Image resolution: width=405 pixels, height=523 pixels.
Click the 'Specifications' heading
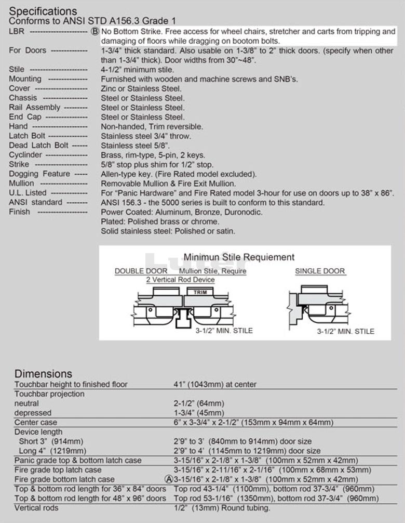(x=43, y=11)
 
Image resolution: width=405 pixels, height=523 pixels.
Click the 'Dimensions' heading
(x=43, y=373)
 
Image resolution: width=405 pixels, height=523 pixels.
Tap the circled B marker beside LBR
(x=95, y=31)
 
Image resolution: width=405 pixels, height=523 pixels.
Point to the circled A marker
(x=168, y=479)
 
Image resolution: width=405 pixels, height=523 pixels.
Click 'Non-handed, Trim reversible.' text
(x=152, y=126)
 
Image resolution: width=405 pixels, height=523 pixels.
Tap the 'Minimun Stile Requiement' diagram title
(x=239, y=257)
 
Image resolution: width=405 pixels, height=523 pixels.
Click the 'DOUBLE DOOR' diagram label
(x=141, y=271)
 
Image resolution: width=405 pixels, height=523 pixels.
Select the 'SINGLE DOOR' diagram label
(x=320, y=271)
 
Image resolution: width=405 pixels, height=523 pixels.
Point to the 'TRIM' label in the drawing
(x=200, y=293)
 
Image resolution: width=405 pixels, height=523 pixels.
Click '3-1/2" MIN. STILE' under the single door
(x=346, y=331)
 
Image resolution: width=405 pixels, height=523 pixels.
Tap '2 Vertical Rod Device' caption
(x=180, y=280)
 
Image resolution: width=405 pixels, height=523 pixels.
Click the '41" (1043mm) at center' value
(x=215, y=384)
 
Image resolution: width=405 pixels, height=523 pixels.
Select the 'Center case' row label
(x=36, y=422)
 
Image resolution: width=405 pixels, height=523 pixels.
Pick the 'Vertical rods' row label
(x=36, y=507)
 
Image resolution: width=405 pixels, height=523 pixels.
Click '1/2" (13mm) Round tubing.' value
(x=222, y=508)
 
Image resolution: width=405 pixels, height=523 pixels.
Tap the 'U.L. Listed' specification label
(x=28, y=193)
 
